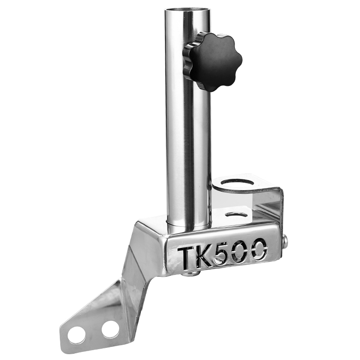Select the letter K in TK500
205,256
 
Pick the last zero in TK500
259,250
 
